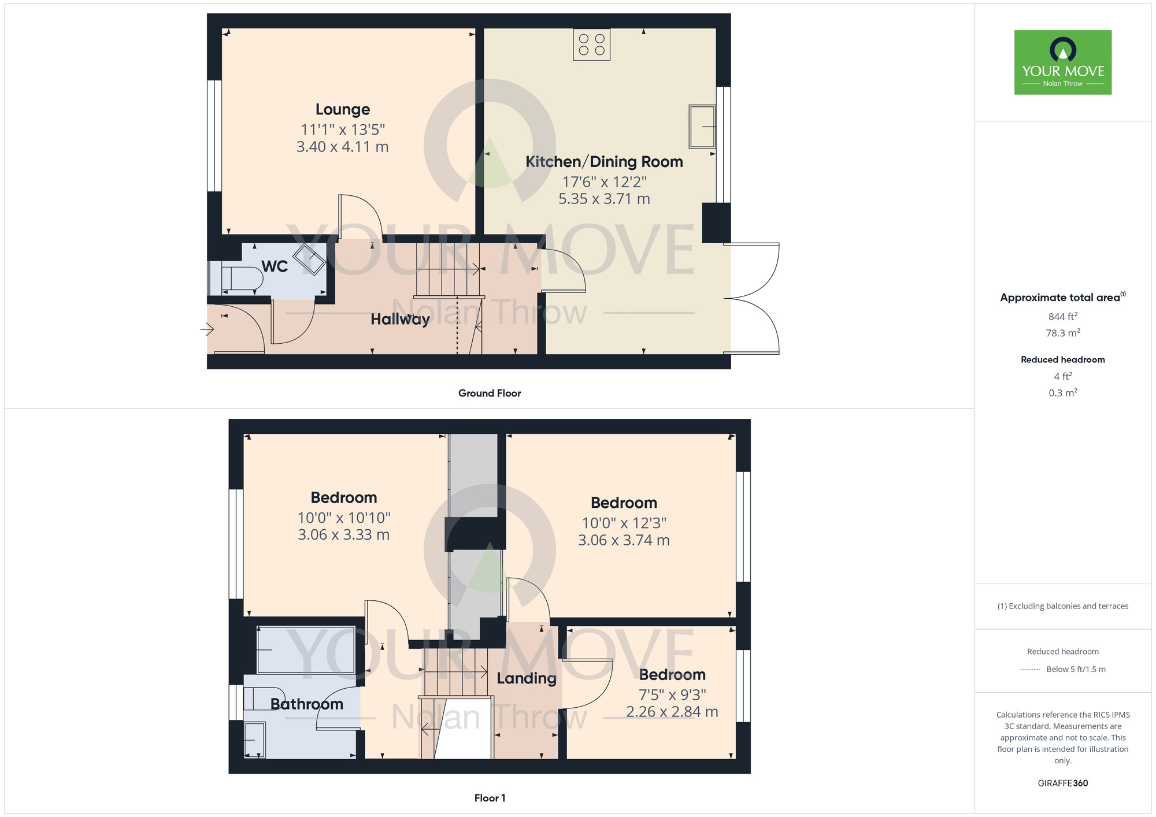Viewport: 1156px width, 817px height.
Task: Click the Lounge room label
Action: pos(343,109)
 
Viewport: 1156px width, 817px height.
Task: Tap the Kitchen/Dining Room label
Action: pos(604,162)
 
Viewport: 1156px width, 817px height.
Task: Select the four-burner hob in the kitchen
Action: pos(591,44)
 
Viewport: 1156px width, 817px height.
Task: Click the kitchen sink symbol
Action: pos(702,126)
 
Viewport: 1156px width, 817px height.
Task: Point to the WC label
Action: pos(275,266)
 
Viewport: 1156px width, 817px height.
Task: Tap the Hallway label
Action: pos(400,319)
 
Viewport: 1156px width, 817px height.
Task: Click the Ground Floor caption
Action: pos(490,393)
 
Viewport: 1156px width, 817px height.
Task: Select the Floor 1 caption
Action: pos(490,798)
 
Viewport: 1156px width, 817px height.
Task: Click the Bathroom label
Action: pos(307,704)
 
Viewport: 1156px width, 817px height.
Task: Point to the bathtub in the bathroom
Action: pos(306,650)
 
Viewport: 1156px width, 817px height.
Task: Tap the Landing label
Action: pos(527,678)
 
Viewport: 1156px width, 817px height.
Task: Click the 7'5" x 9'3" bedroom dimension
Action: pos(672,695)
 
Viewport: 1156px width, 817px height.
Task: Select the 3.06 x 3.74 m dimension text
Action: pos(624,540)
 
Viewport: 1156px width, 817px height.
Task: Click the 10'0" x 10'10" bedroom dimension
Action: pos(344,518)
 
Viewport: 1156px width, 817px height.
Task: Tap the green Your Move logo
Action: pos(1062,62)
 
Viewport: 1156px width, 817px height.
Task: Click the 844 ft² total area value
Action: pos(1062,317)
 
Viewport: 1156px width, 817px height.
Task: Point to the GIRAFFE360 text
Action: pos(1062,783)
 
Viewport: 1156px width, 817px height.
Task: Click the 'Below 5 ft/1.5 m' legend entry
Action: pos(1076,669)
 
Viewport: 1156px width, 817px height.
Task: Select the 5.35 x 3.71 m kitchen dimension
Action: pos(604,199)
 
